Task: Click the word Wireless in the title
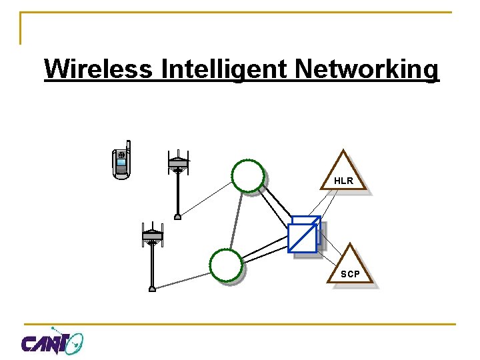point(97,69)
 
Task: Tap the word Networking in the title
point(367,69)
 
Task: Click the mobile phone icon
point(121,161)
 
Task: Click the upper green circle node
point(248,175)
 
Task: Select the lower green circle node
point(226,265)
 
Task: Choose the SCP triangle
point(350,266)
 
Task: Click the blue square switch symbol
point(304,235)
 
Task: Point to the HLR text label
point(343,181)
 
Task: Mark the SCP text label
point(350,274)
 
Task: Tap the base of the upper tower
point(178,216)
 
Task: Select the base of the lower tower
point(153,289)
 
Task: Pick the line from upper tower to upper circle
point(207,198)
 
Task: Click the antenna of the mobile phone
point(128,147)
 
